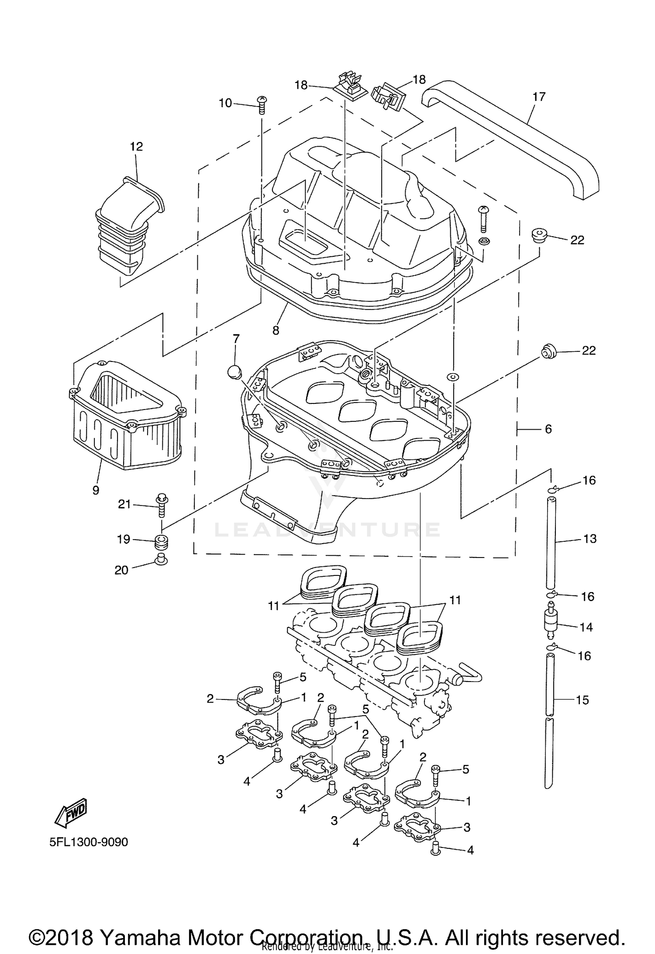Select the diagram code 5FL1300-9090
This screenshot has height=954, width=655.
click(89, 842)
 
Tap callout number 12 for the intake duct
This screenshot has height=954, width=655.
click(136, 147)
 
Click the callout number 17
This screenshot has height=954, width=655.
click(539, 96)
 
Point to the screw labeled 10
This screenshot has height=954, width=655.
click(262, 104)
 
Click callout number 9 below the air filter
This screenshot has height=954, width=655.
click(96, 490)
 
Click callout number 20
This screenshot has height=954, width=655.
click(121, 570)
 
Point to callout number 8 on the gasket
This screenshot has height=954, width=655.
click(276, 331)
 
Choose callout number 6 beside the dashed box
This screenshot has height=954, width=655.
click(548, 429)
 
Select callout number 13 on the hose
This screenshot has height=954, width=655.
click(589, 539)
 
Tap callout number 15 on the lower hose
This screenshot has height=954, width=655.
click(583, 700)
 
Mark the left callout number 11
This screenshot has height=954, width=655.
click(273, 606)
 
